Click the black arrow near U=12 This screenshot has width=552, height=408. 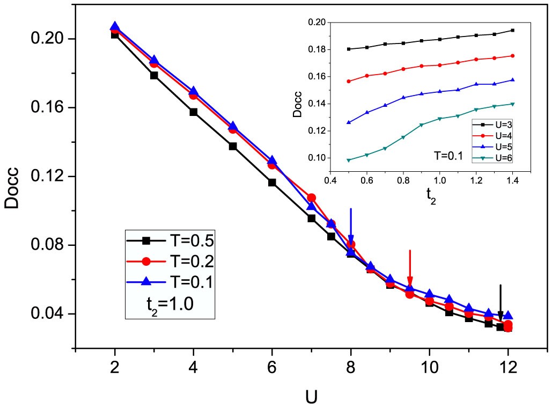coord(501,303)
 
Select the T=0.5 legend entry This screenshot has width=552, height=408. coord(171,241)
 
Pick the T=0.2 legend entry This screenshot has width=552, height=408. coord(171,261)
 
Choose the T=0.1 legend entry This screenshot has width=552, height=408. coord(171,282)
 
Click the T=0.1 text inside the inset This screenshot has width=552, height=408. coord(447,156)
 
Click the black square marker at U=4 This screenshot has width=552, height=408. coord(193,112)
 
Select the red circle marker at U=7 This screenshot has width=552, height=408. coord(312,198)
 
